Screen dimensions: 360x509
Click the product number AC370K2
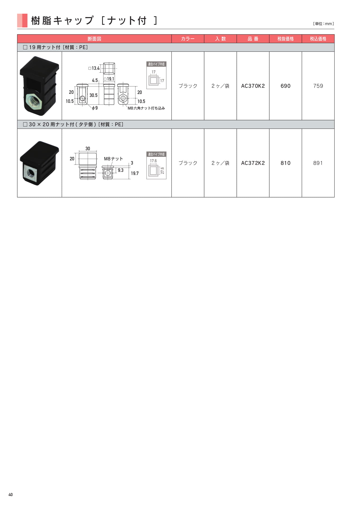[x=253, y=86]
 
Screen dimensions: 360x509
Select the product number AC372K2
[x=253, y=163]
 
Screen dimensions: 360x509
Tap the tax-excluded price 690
[x=286, y=86]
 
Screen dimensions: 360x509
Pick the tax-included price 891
[x=318, y=163]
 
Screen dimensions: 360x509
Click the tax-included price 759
[x=318, y=86]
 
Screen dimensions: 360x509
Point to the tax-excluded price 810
[x=286, y=163]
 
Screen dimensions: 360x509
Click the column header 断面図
[x=94, y=39]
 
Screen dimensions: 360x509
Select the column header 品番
[x=253, y=39]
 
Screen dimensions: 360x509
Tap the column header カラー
[x=188, y=39]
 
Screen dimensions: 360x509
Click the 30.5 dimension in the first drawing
[x=93, y=95]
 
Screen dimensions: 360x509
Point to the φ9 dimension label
[x=95, y=108]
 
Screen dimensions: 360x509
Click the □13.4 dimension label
[x=94, y=68]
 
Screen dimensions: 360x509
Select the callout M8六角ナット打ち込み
[x=146, y=108]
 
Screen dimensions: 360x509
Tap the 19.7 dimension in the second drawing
[x=135, y=173]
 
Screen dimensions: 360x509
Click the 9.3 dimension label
[x=121, y=170]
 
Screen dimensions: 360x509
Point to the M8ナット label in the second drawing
[x=113, y=159]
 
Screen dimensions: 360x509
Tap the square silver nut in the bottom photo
[x=30, y=173]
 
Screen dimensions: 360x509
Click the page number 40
[x=11, y=494]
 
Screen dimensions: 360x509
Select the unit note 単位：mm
[x=323, y=24]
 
